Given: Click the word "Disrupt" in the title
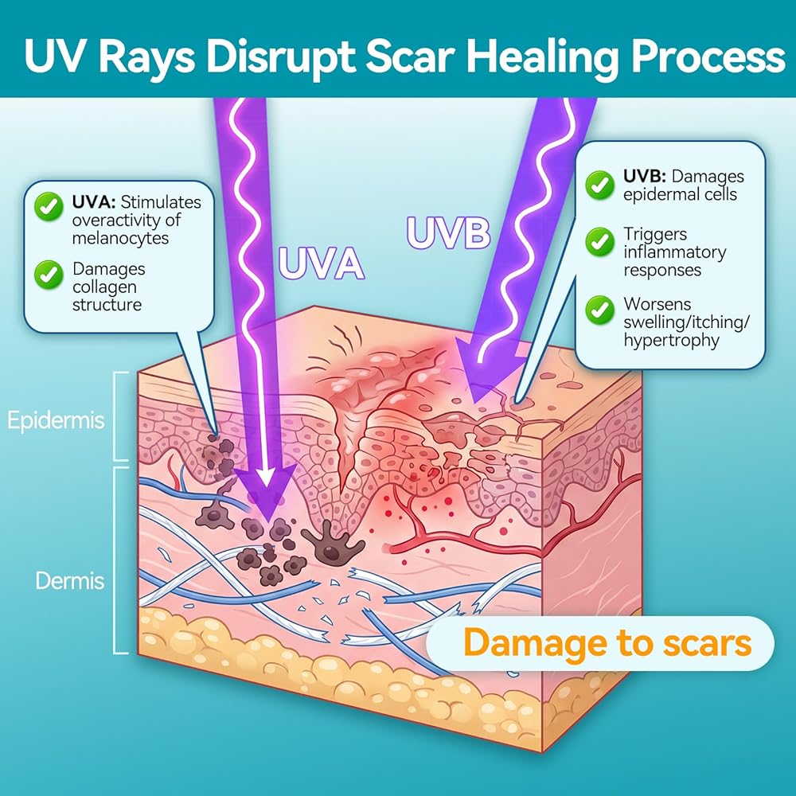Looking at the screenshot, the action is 280,57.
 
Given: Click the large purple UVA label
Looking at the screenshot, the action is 321,263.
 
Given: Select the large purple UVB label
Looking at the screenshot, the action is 448,233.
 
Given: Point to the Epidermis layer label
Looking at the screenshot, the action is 56,421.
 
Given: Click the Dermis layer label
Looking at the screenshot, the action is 69,581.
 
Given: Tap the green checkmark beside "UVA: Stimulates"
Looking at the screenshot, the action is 49,206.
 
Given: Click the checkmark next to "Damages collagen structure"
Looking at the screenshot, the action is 49,274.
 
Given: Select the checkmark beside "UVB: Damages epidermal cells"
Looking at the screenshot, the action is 599,185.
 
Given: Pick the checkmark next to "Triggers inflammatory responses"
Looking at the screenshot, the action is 599,242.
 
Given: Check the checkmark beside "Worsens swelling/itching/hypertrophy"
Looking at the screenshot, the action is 599,310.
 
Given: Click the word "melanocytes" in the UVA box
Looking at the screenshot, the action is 120,239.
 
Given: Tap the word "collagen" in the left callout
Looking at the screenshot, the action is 104,287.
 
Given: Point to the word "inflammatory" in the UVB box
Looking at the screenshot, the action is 675,252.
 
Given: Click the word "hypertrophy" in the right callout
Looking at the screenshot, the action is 671,341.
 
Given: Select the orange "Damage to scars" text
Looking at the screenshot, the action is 607,642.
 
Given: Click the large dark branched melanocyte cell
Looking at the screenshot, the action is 333,543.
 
